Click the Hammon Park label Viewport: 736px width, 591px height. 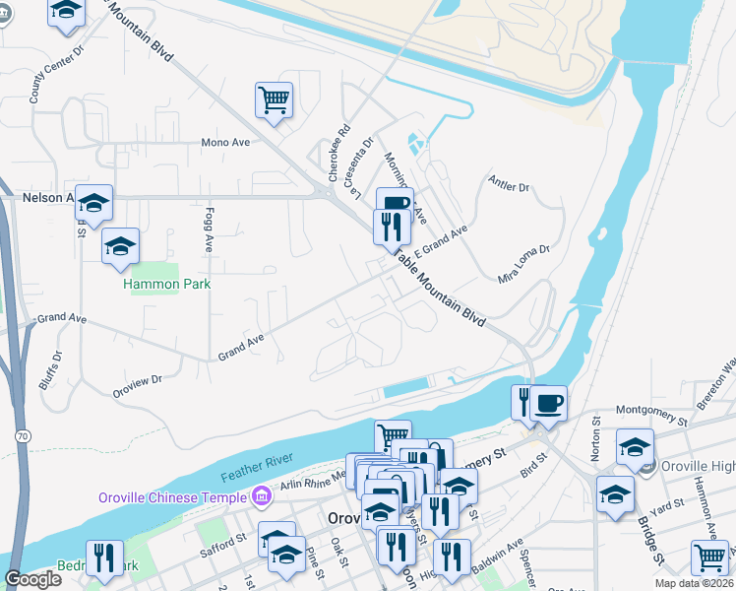point(167,284)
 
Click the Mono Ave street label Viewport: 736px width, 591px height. point(225,142)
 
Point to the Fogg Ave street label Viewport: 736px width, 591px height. point(210,230)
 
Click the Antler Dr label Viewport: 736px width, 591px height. point(509,185)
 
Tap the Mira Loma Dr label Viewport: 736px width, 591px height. point(522,264)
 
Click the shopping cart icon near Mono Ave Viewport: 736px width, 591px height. point(274,98)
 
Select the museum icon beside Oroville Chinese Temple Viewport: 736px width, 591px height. point(262,496)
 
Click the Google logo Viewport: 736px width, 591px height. point(32,578)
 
